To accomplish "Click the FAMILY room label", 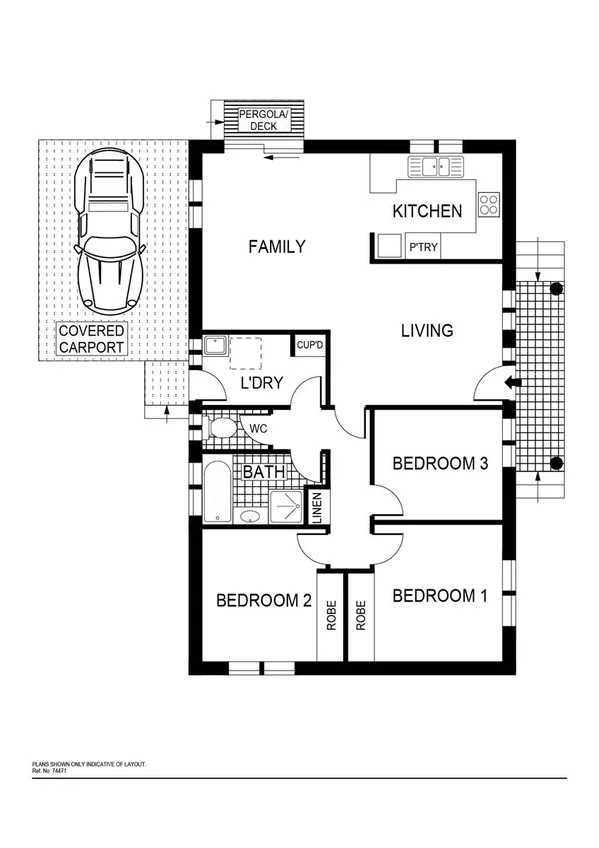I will (x=277, y=246).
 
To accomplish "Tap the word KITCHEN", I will (x=427, y=211).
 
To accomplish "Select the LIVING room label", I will (x=428, y=330).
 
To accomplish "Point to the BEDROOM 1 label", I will (x=440, y=596).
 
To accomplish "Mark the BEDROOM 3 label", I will (x=440, y=463).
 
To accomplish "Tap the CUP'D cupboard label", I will (x=309, y=346).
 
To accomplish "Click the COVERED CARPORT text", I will (x=91, y=339).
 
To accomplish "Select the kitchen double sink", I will (x=436, y=167).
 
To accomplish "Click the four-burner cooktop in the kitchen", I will (x=489, y=204).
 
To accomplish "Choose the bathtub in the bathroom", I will (x=217, y=492).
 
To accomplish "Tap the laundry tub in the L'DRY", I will (x=215, y=347).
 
